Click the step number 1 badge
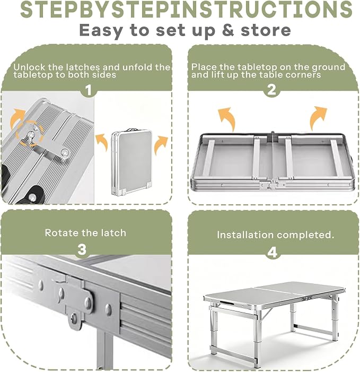coord(88,90)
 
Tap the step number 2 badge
coord(272,90)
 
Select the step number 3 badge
coord(82,249)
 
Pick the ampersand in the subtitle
coord(228,30)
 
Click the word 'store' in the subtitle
coord(266,30)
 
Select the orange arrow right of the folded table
coord(161,145)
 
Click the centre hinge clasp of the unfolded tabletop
coord(273,184)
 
